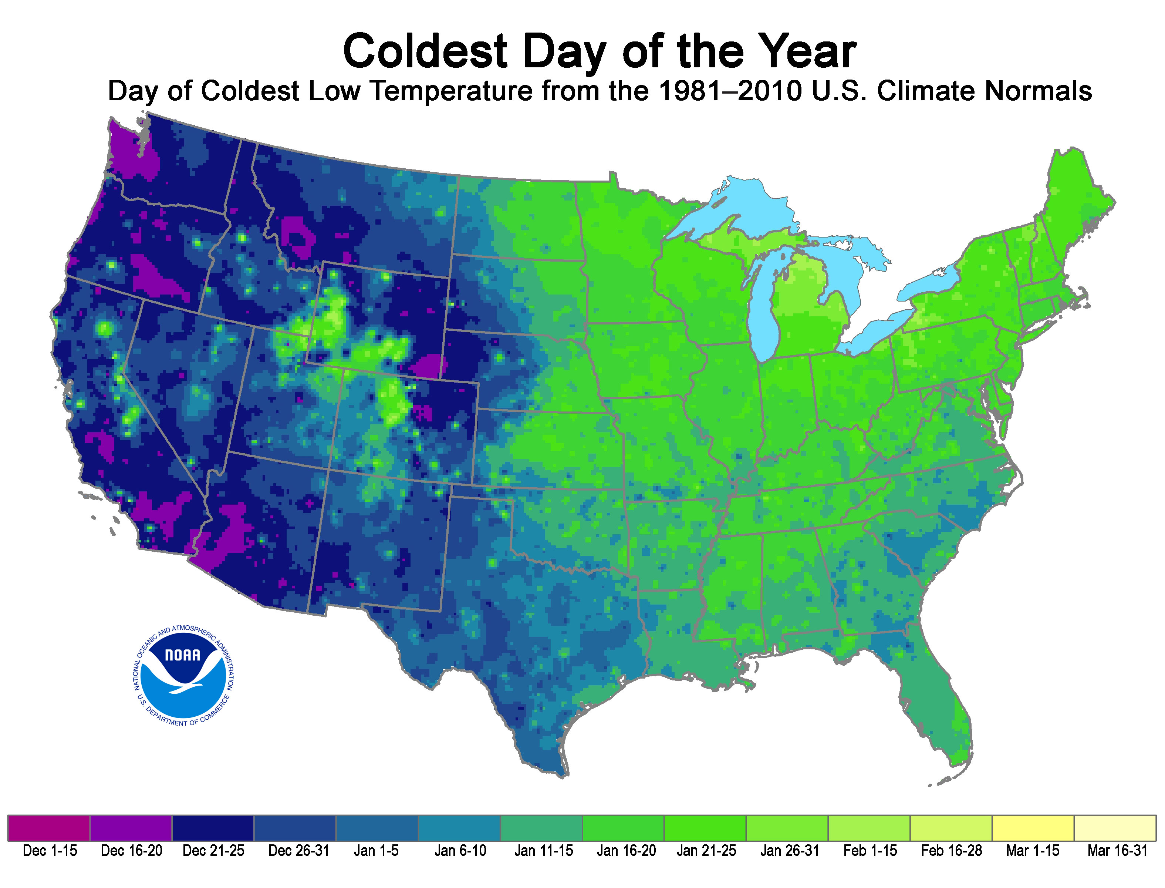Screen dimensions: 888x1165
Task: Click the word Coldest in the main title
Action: click(x=425, y=51)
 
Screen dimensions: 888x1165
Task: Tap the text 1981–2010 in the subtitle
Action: click(x=735, y=91)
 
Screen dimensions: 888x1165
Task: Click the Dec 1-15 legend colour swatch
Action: click(x=48, y=828)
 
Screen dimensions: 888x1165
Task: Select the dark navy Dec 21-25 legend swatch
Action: click(x=213, y=828)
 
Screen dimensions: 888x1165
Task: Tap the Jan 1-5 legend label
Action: click(x=376, y=851)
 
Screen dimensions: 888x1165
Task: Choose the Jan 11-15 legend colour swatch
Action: click(x=541, y=828)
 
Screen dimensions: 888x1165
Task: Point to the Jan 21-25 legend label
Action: click(x=706, y=851)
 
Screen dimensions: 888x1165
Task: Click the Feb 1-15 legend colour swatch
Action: click(x=869, y=828)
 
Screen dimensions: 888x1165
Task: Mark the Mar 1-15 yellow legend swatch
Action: click(x=1033, y=828)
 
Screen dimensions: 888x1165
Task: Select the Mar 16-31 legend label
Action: click(x=1117, y=851)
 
